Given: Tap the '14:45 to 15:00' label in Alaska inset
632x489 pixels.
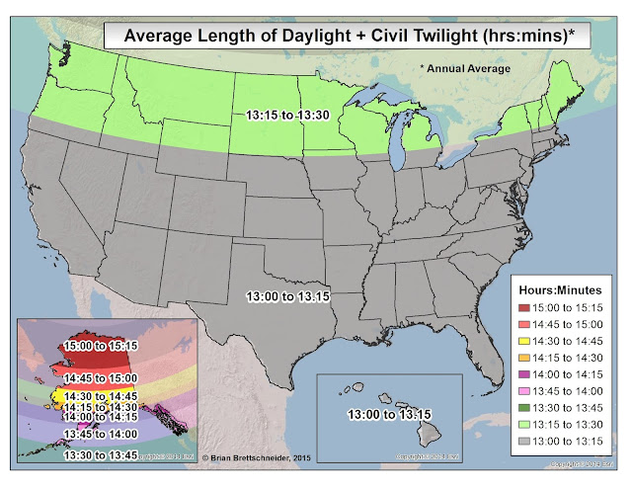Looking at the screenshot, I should click(x=102, y=377).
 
